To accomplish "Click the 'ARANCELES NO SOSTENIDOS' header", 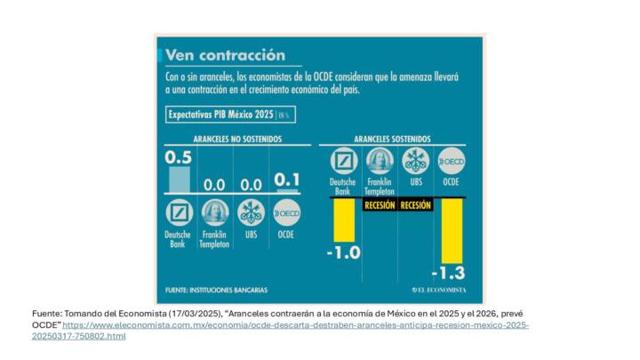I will pos(237,139).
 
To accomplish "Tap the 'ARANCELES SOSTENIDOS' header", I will pos(392,139).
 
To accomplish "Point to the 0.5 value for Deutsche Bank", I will pos(179,158).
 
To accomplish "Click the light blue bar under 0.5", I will pos(179,180).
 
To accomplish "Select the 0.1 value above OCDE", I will pos(287,180).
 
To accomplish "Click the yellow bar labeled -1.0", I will pos(344,220).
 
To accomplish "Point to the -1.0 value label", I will pos(343,252).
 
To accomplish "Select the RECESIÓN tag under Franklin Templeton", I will pos(380,205).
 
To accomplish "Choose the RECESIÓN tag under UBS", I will pos(416,205).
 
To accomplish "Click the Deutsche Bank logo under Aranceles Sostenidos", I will pos(344,161).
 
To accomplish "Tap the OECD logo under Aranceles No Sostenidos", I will pos(287,213).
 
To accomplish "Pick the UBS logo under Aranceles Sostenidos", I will pos(416,161).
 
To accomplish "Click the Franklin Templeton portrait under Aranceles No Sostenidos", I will pos(214,213).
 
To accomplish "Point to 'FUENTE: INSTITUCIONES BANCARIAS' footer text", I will pos(216,290).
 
